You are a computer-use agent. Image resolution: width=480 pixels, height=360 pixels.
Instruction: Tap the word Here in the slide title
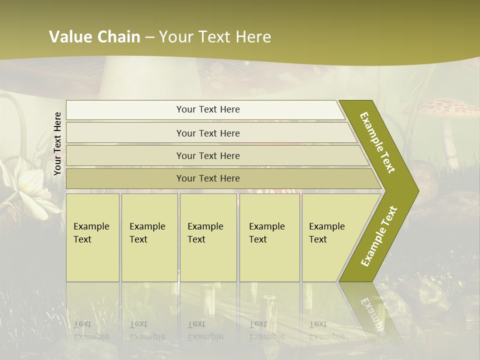click(253, 37)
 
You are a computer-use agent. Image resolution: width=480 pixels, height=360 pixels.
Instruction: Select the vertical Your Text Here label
click(57, 143)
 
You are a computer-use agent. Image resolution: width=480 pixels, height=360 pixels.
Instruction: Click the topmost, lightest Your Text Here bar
click(207, 109)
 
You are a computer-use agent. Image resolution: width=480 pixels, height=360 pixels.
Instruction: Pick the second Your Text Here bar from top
click(207, 133)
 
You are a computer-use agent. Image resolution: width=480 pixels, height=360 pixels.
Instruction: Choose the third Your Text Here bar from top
click(207, 155)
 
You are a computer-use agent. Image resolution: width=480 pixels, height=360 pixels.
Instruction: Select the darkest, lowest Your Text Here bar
click(207, 178)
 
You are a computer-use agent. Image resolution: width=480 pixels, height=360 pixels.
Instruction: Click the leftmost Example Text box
click(92, 237)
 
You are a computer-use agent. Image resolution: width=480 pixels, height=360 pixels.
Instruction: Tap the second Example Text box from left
click(149, 237)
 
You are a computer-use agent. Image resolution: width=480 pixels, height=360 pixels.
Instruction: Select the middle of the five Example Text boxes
click(208, 237)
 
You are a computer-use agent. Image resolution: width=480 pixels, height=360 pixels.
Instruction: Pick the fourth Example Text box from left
click(269, 237)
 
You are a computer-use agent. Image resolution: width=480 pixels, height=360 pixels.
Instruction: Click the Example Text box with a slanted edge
click(327, 237)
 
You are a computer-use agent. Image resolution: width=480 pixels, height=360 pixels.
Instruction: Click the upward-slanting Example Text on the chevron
click(379, 236)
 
